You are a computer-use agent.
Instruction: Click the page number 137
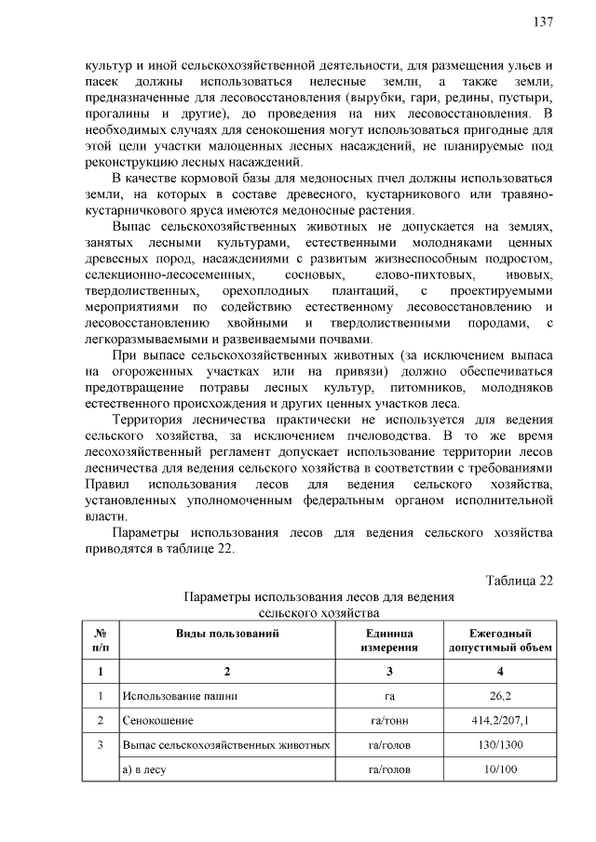point(544,21)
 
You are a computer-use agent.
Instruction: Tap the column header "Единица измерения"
point(389,640)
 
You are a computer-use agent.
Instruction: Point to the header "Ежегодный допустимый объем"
point(500,640)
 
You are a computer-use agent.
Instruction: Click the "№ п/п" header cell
point(100,640)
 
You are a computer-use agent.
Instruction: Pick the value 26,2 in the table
point(501,695)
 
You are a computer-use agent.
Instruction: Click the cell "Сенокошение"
point(157,720)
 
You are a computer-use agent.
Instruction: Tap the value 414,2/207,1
point(501,720)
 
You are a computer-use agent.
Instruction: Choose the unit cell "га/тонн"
point(389,720)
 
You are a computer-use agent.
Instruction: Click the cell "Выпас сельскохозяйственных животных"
point(226,745)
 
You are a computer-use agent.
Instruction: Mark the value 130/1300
point(501,745)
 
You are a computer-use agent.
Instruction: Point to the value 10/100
point(501,770)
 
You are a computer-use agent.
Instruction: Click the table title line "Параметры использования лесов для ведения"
point(318,597)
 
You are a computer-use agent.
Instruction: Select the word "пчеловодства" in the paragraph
point(384,434)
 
